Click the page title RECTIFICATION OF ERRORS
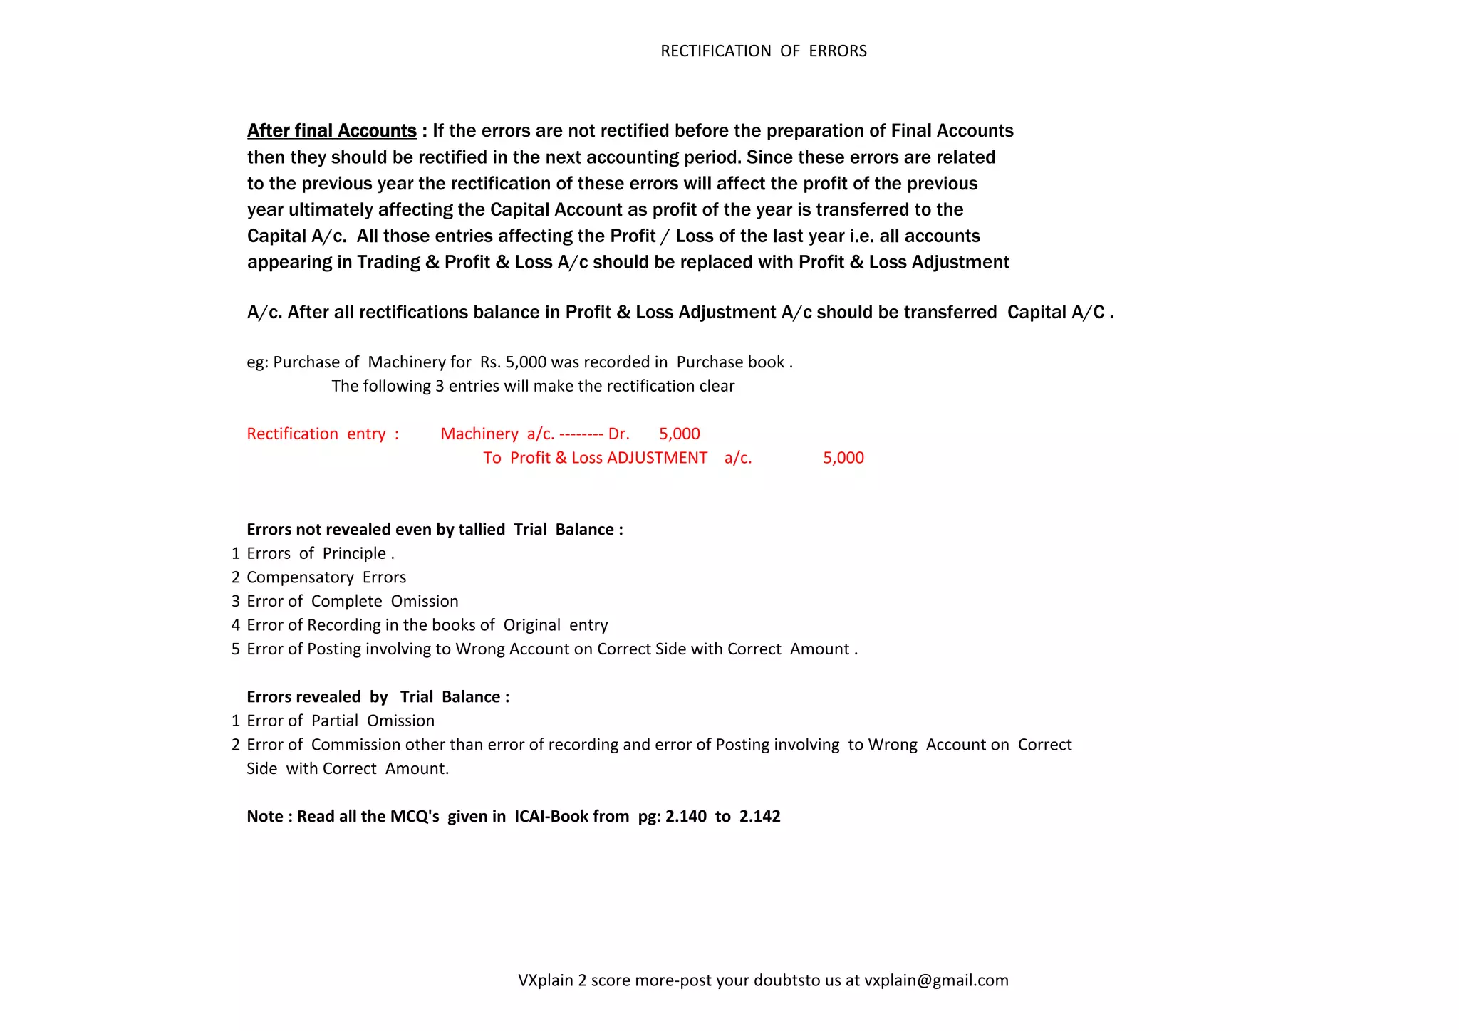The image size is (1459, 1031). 763,51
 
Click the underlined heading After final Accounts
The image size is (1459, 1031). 331,131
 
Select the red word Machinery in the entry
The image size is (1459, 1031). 479,434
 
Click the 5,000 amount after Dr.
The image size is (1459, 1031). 679,434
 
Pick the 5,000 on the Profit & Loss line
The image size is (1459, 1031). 843,458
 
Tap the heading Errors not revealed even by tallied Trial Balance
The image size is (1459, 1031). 435,530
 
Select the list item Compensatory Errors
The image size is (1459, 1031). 326,577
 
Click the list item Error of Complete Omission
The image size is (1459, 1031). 353,602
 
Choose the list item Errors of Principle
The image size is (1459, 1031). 320,554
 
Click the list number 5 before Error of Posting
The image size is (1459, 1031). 236,649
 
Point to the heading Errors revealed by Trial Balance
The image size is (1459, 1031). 378,697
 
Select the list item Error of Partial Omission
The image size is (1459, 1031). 341,721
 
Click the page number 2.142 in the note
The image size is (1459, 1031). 759,817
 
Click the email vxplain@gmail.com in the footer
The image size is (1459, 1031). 936,980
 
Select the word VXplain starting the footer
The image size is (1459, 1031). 545,980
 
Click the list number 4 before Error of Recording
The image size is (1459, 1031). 236,625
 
